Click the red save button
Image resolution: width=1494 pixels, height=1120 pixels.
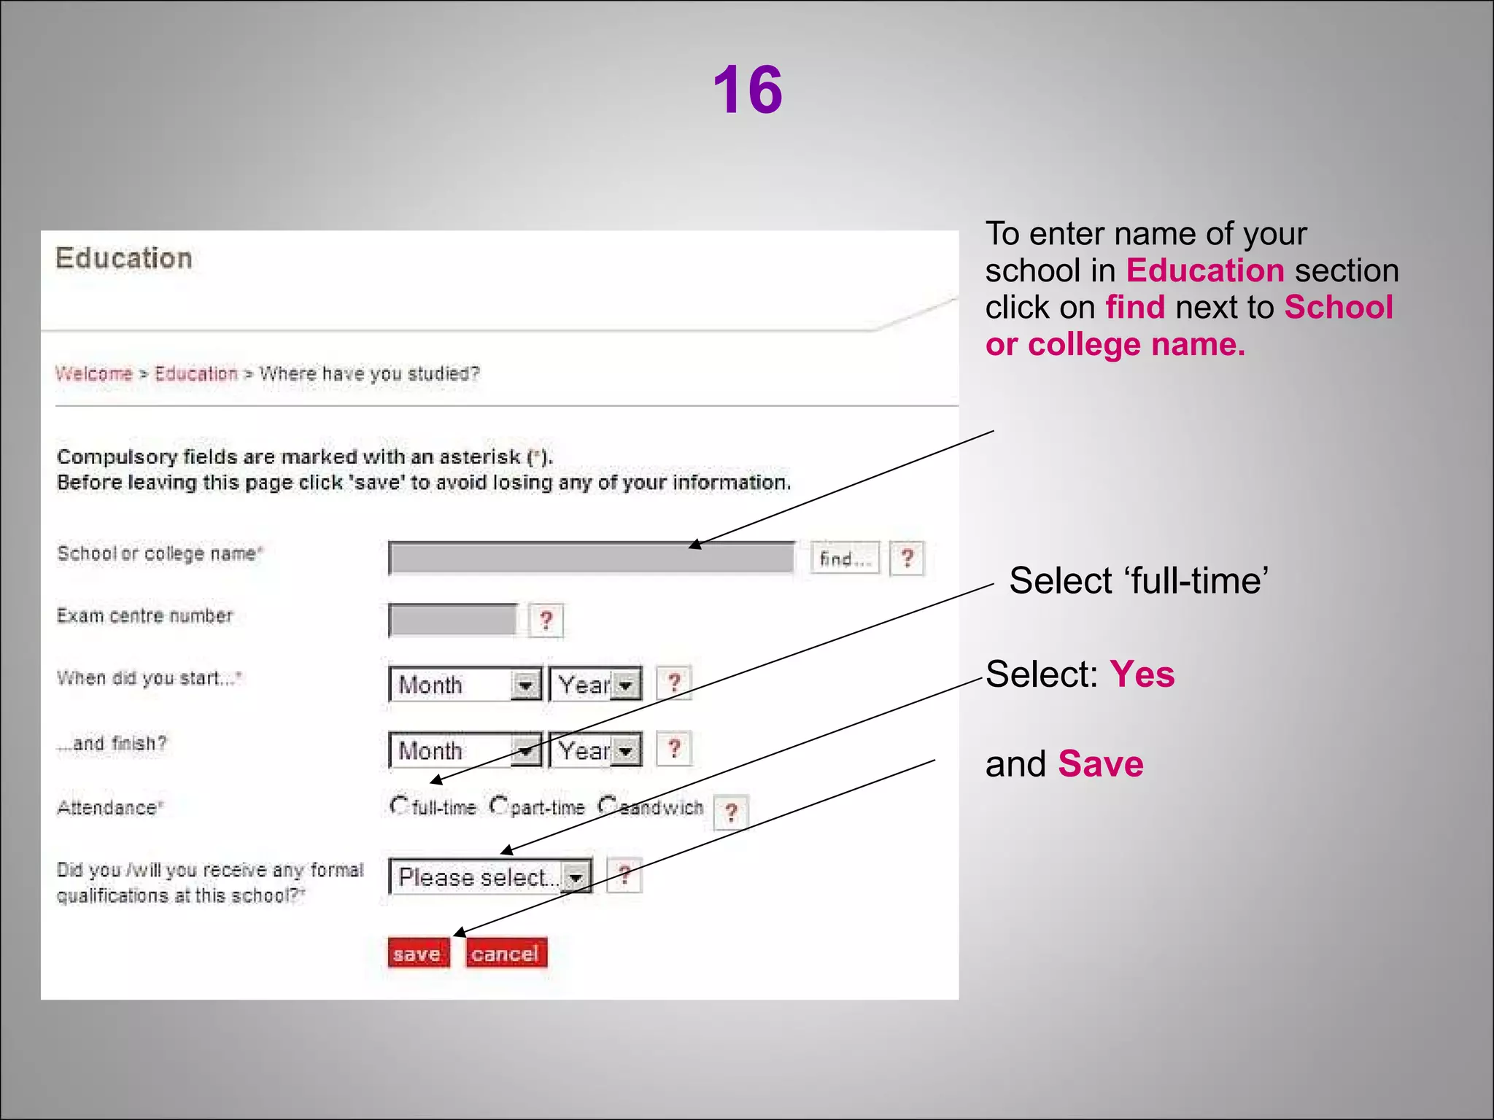point(418,953)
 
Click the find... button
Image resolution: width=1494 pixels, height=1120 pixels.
point(845,559)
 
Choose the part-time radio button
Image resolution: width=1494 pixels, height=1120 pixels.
point(499,805)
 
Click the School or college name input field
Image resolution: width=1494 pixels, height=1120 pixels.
point(591,559)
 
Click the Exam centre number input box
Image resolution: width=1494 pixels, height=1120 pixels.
point(452,620)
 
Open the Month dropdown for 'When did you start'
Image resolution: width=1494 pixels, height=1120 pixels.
point(465,684)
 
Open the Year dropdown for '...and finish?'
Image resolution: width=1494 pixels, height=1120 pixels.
point(595,750)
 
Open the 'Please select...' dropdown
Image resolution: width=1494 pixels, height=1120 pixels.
point(489,876)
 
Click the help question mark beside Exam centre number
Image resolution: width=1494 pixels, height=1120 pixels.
point(546,621)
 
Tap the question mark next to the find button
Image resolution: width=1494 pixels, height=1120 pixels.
point(907,559)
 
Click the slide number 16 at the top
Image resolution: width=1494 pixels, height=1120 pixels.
point(747,90)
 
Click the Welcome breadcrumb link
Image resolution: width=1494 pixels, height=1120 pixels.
point(94,374)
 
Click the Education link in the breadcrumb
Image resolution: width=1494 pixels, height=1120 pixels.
point(196,374)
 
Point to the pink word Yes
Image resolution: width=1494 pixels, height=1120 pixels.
point(1142,674)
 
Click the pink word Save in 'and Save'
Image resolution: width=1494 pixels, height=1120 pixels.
point(1100,764)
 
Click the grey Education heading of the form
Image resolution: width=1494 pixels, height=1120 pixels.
point(124,259)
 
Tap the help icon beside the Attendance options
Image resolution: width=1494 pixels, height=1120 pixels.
point(731,812)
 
